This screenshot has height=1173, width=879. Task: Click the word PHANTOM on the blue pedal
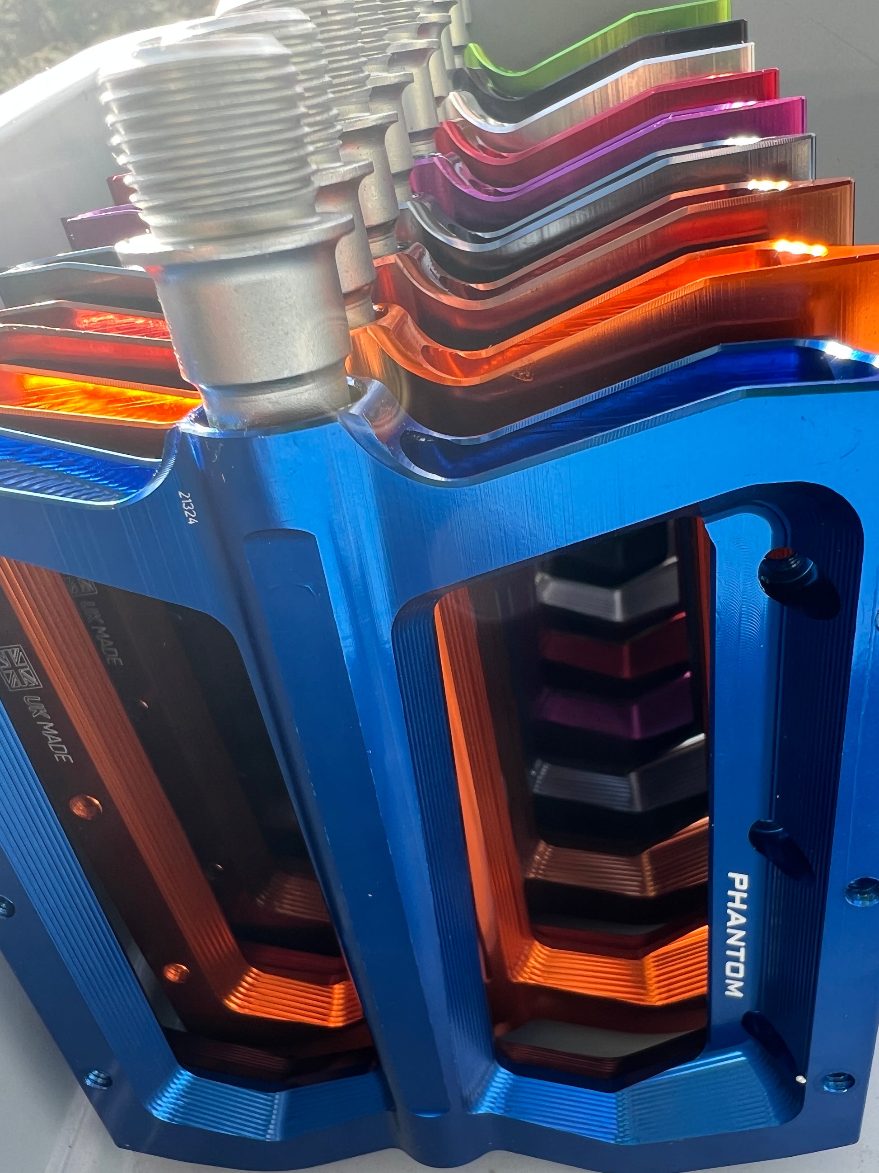coord(735,935)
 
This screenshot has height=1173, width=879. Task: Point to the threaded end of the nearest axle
coord(206,132)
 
